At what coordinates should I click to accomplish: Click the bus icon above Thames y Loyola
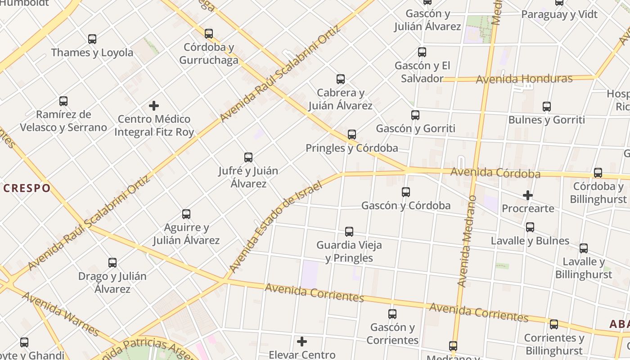coord(92,39)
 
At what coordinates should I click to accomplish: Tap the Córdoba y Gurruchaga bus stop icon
coord(209,34)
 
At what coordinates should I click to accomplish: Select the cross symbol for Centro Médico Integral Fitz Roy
coord(154,106)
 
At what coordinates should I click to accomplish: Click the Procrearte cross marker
coord(528,195)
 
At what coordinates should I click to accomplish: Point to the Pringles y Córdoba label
coord(351,148)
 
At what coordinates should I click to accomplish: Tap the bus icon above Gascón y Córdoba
coord(406,192)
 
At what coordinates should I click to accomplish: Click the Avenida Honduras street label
coord(524,79)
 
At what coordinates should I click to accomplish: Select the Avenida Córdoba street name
coord(495,173)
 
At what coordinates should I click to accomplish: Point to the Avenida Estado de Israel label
coord(275,227)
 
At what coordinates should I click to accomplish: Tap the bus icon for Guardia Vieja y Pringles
coord(349,232)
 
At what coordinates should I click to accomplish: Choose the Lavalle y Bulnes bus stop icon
coord(530,227)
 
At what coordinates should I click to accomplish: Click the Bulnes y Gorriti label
coord(546,120)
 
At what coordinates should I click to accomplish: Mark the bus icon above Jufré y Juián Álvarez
coord(248,157)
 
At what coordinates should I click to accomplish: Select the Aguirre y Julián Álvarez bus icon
coord(186,214)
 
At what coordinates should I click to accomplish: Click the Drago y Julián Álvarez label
coord(112,282)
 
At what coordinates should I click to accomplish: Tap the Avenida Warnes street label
coord(60,314)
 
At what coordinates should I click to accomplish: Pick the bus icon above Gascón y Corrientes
coord(392,314)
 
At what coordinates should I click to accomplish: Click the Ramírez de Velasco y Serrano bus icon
coord(63,101)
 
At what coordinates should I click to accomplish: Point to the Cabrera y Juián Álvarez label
coord(340,99)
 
